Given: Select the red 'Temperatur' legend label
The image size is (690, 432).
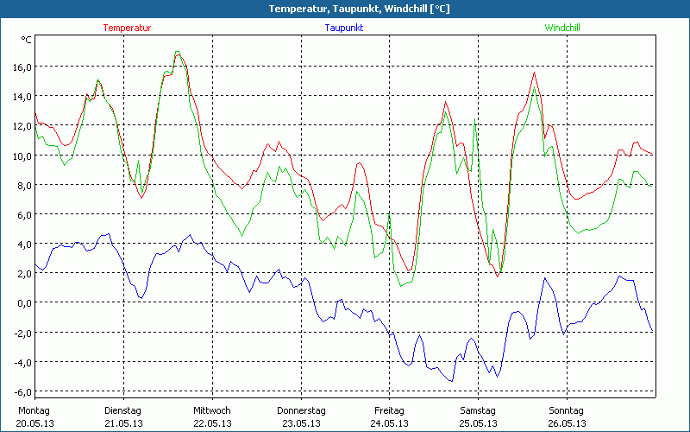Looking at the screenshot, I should pos(127,28).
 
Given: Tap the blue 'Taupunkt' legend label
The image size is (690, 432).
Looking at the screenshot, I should pos(343,28).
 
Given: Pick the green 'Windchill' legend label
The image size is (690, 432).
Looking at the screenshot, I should pos(561,28).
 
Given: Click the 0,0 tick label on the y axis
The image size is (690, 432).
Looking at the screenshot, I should pos(22,302).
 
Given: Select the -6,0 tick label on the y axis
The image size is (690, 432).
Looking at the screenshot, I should pos(21,391).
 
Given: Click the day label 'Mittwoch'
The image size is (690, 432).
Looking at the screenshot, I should pos(211,410).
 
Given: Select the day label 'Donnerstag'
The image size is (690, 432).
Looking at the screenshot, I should pos(301,410).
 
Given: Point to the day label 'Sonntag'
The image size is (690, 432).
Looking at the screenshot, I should pos(567,410).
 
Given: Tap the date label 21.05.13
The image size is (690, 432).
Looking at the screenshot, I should pos(122,423).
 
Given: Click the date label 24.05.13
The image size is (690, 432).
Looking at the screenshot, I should pos(389,423).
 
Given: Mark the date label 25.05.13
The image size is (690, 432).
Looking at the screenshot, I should pos(478,423).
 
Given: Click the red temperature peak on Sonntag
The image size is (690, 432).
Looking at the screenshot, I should pos(534,73).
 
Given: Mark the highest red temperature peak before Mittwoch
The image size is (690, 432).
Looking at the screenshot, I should pos(178,54).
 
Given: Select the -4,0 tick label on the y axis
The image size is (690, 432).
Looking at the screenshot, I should pos(21,362).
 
